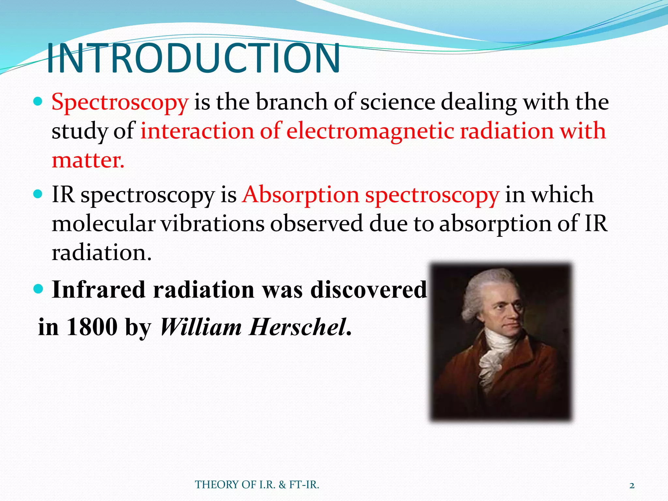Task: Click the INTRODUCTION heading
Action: pyautogui.click(x=193, y=59)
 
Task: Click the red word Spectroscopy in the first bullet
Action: pyautogui.click(x=120, y=102)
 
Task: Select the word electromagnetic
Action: pyautogui.click(x=371, y=131)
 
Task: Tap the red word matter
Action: pyautogui.click(x=88, y=160)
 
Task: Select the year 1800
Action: pyautogui.click(x=92, y=327)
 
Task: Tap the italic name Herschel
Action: pyautogui.click(x=297, y=327)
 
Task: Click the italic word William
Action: pyautogui.click(x=201, y=327)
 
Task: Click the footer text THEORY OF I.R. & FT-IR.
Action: pyautogui.click(x=257, y=485)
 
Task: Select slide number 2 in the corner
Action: pyautogui.click(x=632, y=486)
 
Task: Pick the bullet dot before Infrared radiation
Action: pyautogui.click(x=38, y=289)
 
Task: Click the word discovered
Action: pyautogui.click(x=369, y=290)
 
